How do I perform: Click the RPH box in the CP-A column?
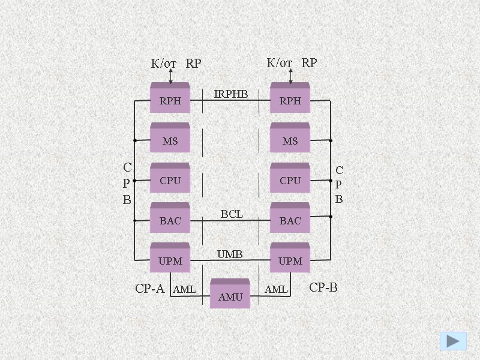pos(170,100)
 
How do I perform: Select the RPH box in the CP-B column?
pos(290,100)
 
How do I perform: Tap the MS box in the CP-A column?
pos(170,140)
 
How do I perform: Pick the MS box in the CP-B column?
pos(290,140)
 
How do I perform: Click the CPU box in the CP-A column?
pos(170,180)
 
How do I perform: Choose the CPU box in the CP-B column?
pos(290,180)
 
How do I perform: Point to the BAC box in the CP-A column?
pos(170,220)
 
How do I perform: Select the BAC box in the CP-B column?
pos(290,220)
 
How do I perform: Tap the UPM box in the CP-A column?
pos(170,260)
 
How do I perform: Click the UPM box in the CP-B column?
pos(290,260)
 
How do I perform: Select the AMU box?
pos(230,296)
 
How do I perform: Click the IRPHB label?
pos(231,94)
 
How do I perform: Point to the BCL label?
pos(232,214)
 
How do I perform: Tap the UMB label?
pos(230,254)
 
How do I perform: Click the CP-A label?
pos(149,289)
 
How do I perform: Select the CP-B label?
pos(323,288)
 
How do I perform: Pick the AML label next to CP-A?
pos(184,290)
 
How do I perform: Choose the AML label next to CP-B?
pos(276,290)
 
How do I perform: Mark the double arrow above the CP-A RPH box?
pos(170,76)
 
